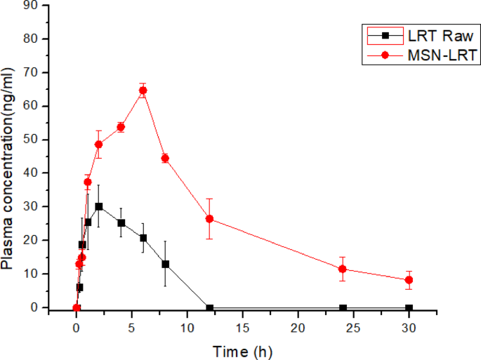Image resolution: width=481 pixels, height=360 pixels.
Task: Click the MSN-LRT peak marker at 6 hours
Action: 143,90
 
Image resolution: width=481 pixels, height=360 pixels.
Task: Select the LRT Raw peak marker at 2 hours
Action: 99,206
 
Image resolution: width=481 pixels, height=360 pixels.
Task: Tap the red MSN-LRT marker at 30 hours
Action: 409,280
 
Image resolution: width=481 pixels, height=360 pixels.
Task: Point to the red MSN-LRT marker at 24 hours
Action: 343,269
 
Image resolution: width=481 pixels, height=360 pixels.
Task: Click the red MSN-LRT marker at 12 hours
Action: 209,219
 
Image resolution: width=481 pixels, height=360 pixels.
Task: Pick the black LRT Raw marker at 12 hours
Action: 209,308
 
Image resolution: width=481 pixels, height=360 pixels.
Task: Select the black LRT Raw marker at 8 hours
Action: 165,264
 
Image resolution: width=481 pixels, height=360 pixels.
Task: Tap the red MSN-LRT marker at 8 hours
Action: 165,158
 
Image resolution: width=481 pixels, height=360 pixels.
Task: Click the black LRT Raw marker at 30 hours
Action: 409,308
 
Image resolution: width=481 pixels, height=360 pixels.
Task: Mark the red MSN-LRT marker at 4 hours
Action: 121,127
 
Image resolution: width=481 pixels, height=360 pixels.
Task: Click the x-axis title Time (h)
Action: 243,350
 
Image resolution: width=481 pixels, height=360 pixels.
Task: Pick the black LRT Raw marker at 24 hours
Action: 343,308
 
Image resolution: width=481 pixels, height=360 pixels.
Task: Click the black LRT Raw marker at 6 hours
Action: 143,238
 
